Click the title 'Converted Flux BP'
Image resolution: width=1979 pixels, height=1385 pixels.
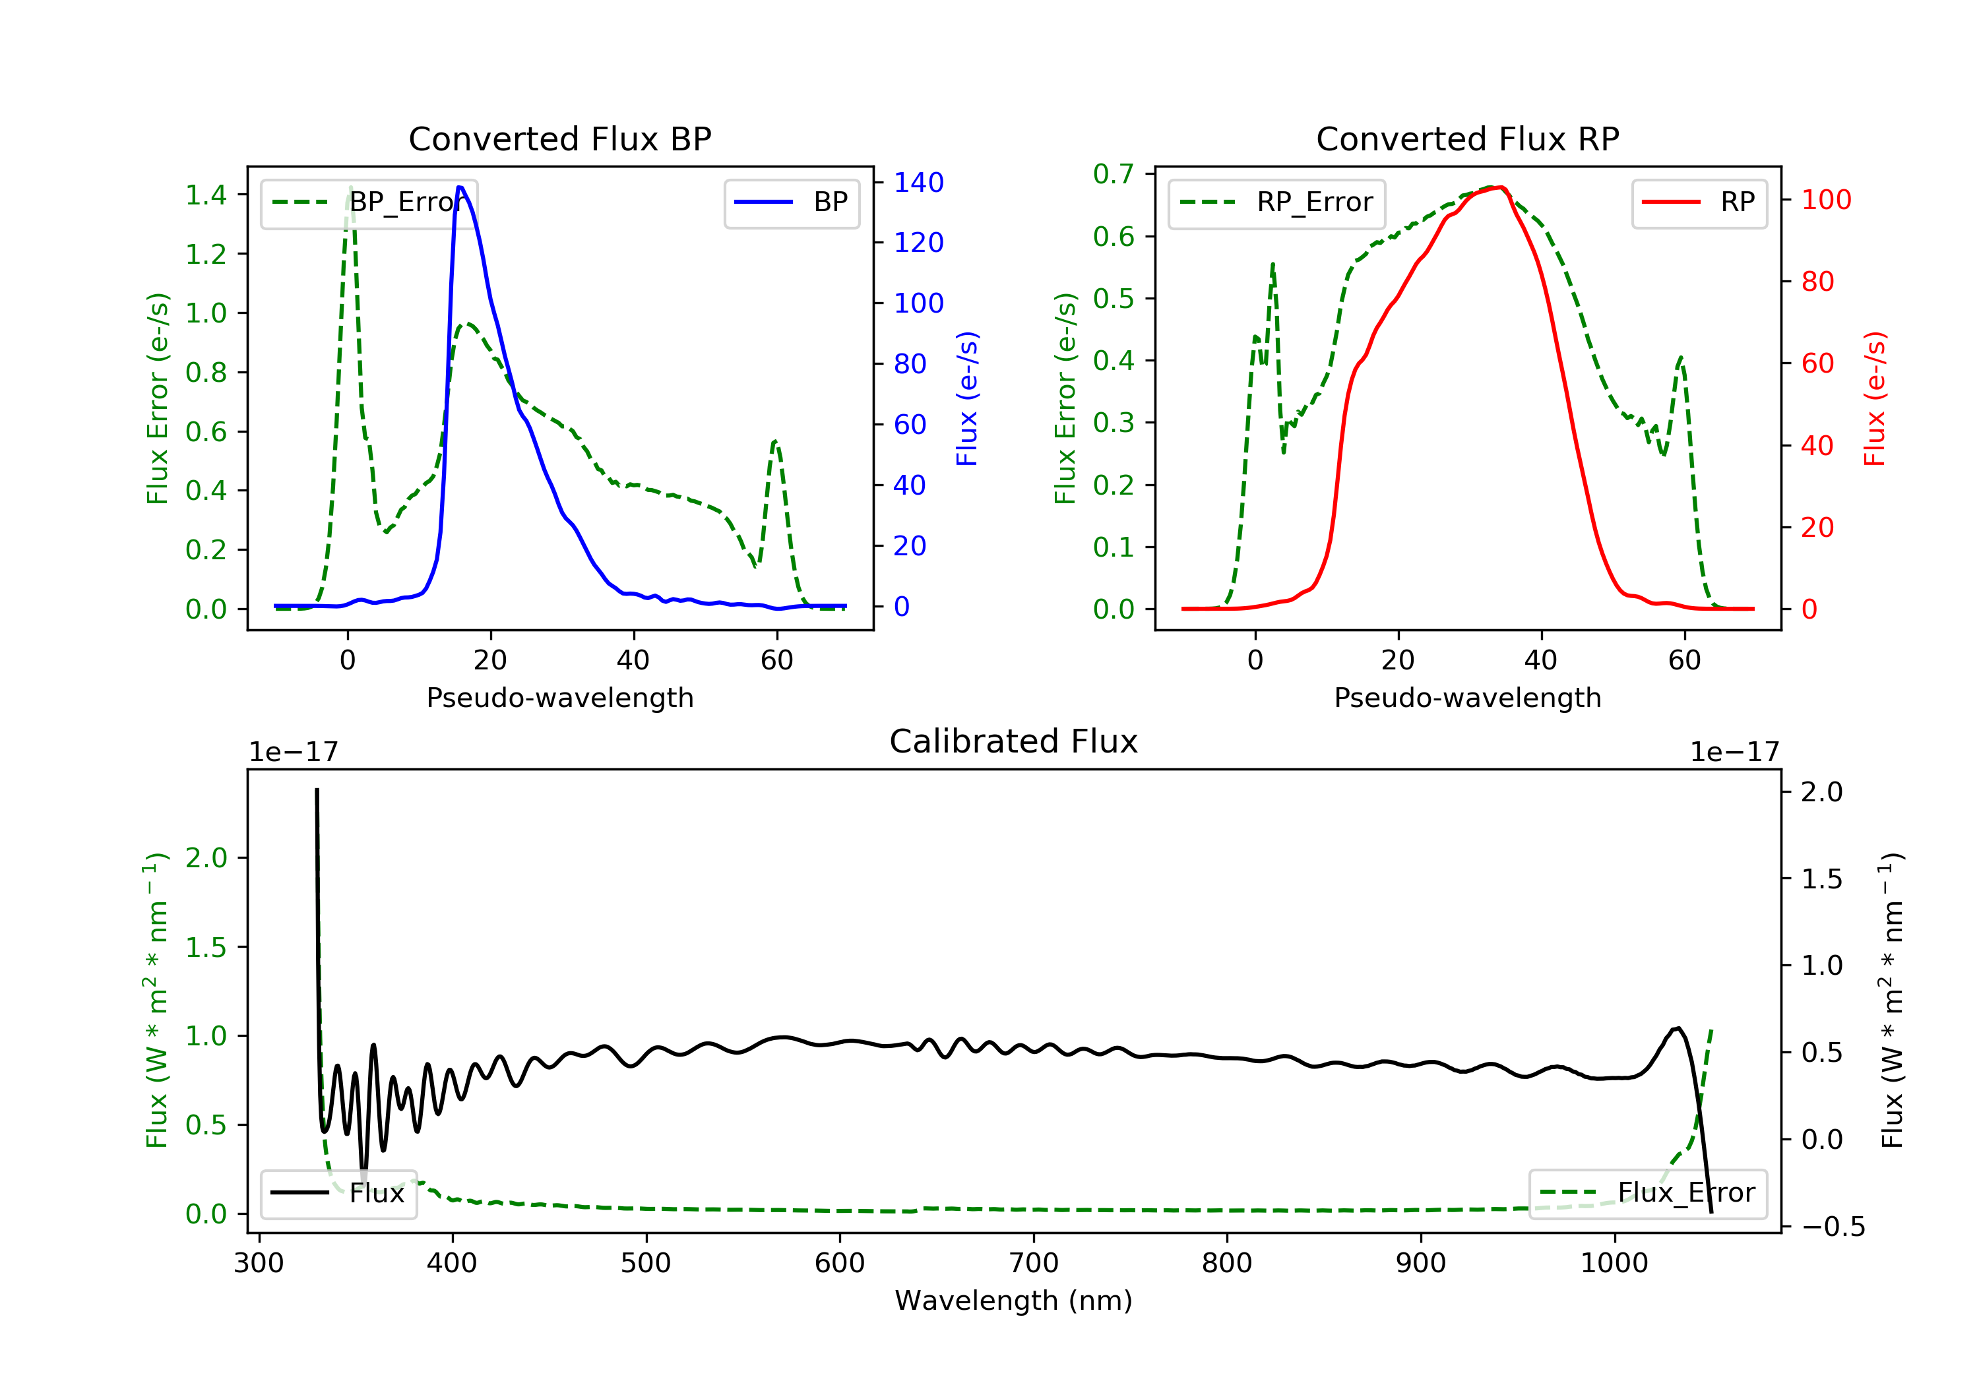coord(559,138)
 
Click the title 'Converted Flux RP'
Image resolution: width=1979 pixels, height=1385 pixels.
coord(1467,138)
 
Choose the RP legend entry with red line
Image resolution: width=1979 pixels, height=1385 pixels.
coord(1699,202)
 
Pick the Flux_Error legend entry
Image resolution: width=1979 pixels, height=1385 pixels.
coord(1647,1193)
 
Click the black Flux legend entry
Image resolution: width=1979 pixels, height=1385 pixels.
coord(339,1193)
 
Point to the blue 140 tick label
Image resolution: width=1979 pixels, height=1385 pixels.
coord(918,183)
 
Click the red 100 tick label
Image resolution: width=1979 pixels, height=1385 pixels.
coord(1825,200)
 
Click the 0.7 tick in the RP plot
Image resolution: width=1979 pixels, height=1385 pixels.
coord(1113,174)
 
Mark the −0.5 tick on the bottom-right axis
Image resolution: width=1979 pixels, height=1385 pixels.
coord(1833,1227)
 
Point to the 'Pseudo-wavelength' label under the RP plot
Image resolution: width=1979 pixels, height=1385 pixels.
coord(1467,697)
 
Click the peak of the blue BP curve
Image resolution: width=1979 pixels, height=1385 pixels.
coord(460,187)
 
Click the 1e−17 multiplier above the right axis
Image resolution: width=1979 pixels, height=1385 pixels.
coord(1734,753)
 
